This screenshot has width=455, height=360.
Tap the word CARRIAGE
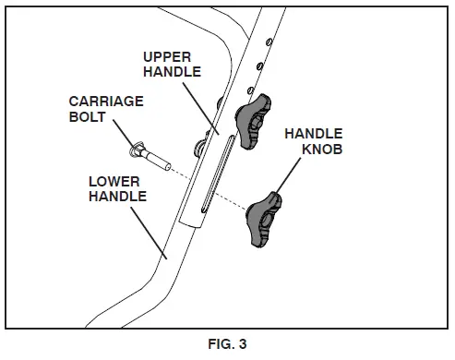[105, 101]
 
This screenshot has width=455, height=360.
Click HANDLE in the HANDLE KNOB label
[315, 135]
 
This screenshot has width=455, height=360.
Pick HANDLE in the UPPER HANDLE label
[169, 74]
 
